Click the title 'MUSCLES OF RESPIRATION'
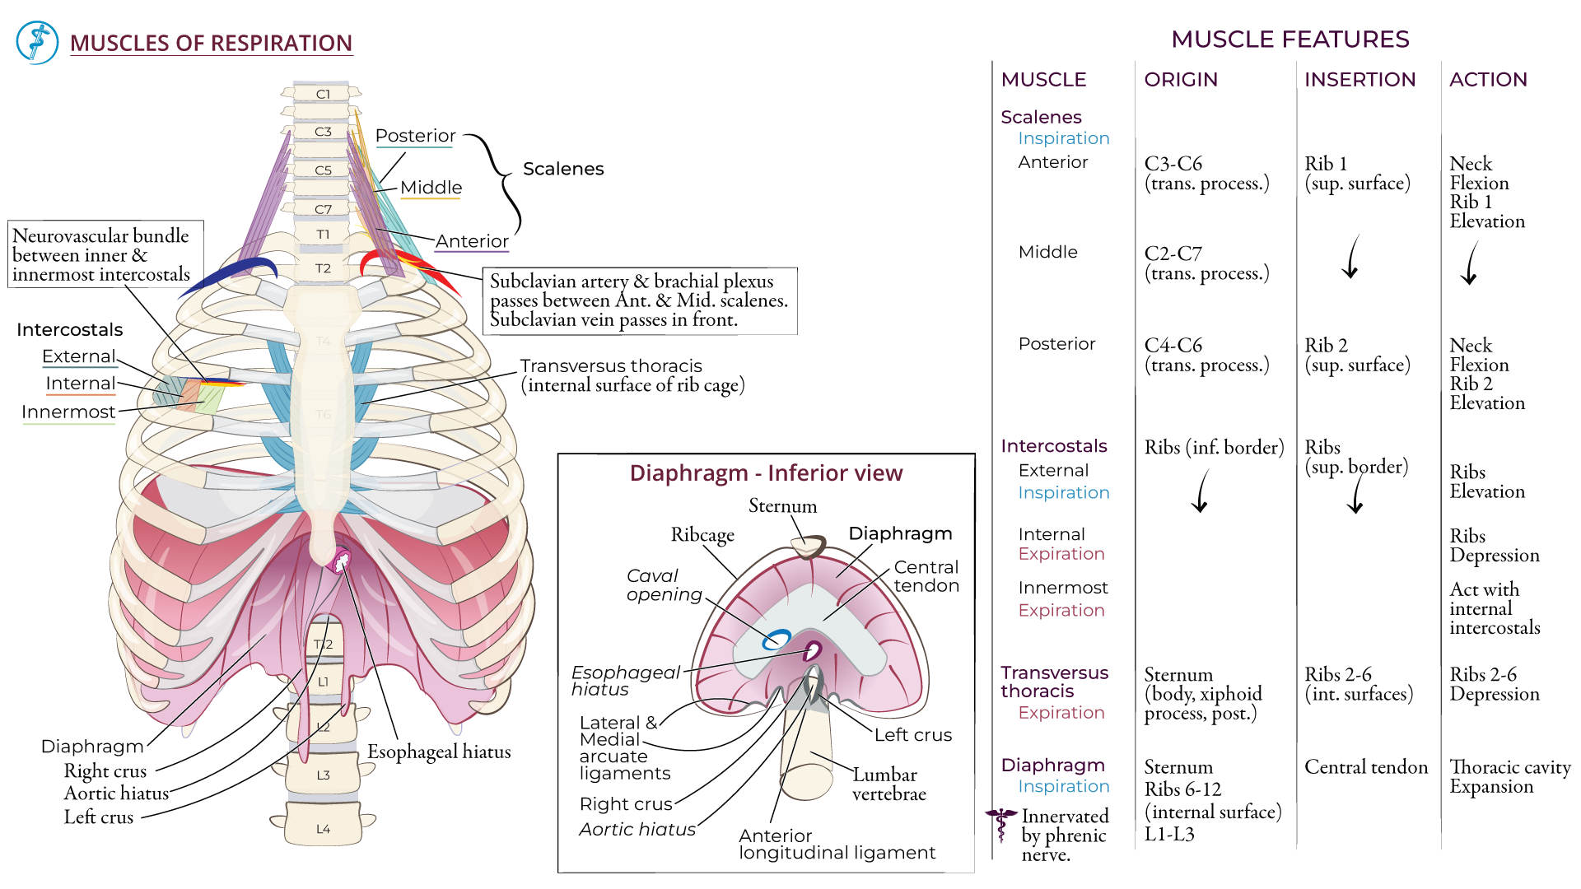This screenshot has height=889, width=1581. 211,43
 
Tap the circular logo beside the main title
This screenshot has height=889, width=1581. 37,43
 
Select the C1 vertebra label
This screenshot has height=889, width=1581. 323,95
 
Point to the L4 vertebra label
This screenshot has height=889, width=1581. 323,829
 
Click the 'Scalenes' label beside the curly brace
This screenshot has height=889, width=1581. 563,169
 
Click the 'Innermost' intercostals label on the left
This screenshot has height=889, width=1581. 68,412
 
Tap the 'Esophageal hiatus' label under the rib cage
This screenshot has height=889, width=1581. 439,752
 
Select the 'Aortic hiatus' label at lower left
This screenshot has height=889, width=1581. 116,794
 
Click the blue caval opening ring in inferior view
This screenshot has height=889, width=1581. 776,640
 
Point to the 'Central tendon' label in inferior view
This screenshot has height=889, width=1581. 926,576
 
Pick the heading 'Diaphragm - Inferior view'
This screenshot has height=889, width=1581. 766,473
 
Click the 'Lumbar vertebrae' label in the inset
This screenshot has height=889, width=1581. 888,784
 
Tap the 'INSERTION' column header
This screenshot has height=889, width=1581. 1359,80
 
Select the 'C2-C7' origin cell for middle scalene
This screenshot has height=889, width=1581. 1173,254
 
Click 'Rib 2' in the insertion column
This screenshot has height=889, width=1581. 1326,346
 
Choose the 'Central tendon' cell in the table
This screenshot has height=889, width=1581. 1366,767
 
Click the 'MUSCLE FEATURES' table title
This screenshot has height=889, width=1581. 1290,40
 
